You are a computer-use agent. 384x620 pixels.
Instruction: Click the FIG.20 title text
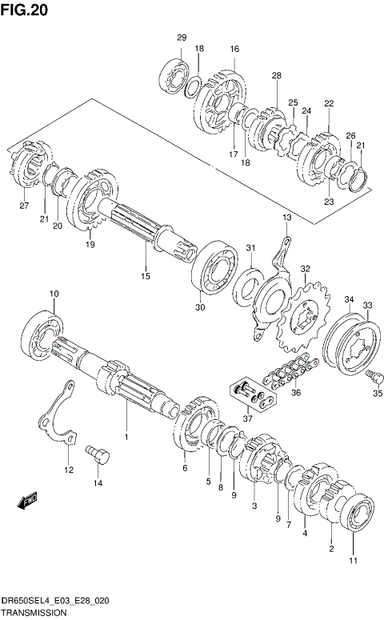(24, 10)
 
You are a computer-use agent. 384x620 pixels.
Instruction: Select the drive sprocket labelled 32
(303, 318)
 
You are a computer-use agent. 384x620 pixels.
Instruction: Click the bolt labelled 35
(374, 378)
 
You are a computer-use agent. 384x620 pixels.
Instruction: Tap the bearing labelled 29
(174, 77)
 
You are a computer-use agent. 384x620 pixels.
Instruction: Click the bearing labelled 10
(40, 337)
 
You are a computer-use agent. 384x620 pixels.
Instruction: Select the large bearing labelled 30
(214, 267)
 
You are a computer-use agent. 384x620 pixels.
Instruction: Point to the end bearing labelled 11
(358, 512)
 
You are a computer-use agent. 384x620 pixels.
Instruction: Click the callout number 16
(234, 49)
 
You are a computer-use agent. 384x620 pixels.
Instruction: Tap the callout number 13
(286, 217)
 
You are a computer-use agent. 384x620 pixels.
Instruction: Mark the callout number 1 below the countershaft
(126, 437)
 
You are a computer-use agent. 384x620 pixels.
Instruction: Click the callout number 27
(24, 206)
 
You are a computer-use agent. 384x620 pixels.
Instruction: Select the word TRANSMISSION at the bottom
(34, 613)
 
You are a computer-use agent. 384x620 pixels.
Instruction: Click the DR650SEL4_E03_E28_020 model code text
(55, 601)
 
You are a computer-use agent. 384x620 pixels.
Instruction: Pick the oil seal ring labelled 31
(248, 284)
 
